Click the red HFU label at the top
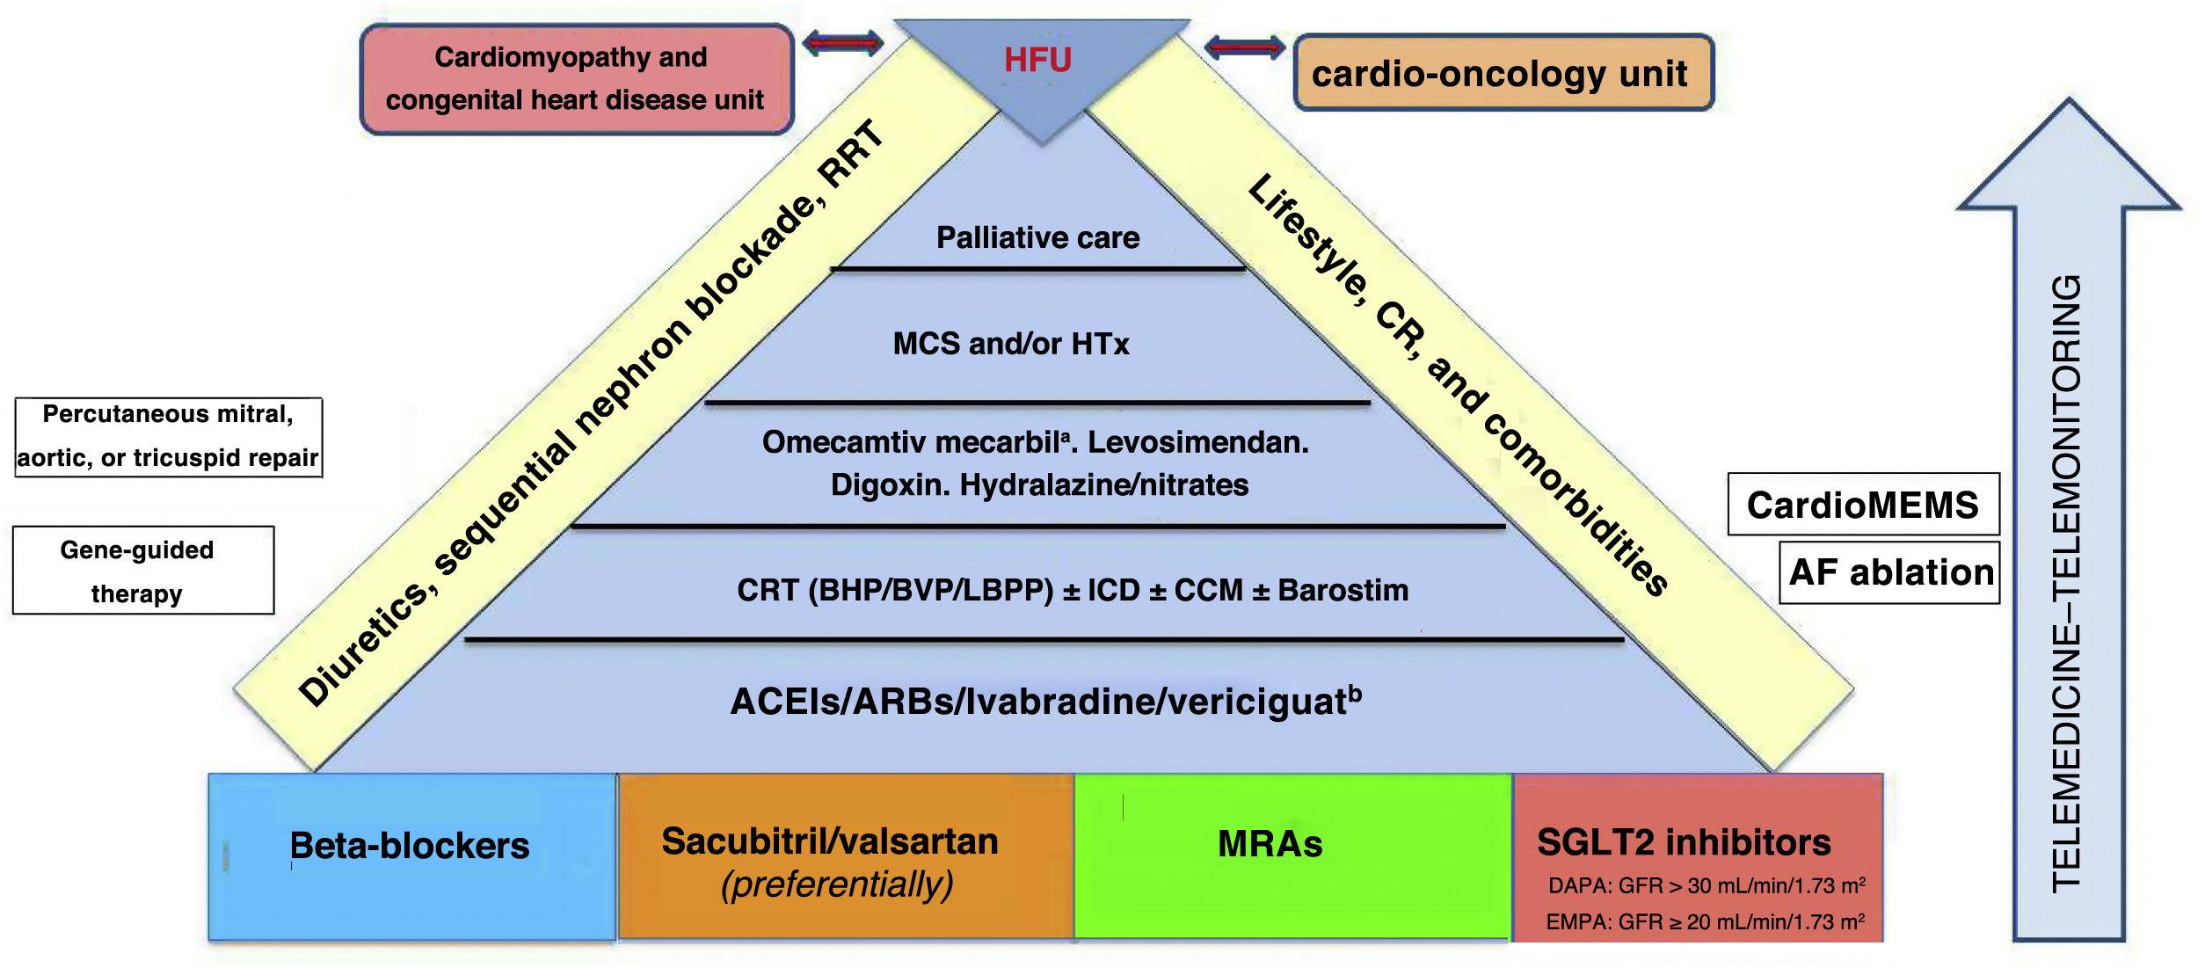click(x=1037, y=60)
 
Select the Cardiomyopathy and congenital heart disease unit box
click(x=576, y=79)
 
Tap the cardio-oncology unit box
click(x=1503, y=73)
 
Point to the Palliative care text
click(x=1037, y=237)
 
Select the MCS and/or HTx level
click(x=1010, y=343)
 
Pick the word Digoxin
click(x=889, y=485)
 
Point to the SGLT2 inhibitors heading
click(x=1683, y=842)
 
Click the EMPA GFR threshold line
click(x=1705, y=921)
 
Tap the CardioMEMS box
click(x=1862, y=505)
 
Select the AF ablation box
click(x=1890, y=572)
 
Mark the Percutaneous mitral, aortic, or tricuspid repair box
click(x=168, y=436)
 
